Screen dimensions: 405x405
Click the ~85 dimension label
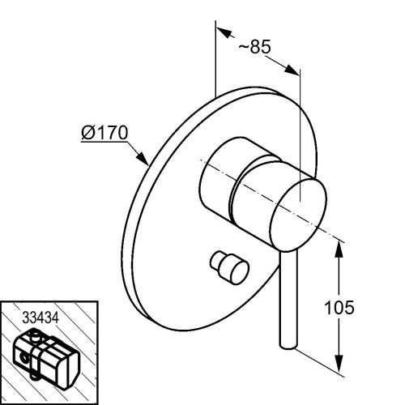click(x=254, y=47)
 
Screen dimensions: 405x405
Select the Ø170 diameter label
click(x=104, y=133)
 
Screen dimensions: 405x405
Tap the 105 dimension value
click(x=339, y=307)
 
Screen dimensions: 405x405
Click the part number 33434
click(x=40, y=318)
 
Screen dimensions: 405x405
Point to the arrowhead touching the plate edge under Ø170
click(x=143, y=158)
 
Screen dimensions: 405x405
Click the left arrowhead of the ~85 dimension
click(x=224, y=32)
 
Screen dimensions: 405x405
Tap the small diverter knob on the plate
click(x=230, y=267)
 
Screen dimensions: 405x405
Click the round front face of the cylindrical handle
click(x=298, y=215)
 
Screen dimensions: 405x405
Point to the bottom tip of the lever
click(x=288, y=347)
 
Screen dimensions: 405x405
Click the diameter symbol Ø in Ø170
click(x=87, y=133)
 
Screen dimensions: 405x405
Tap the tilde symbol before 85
click(x=244, y=47)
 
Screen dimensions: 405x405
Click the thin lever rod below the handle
click(x=288, y=300)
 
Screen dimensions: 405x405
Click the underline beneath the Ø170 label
click(x=104, y=142)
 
